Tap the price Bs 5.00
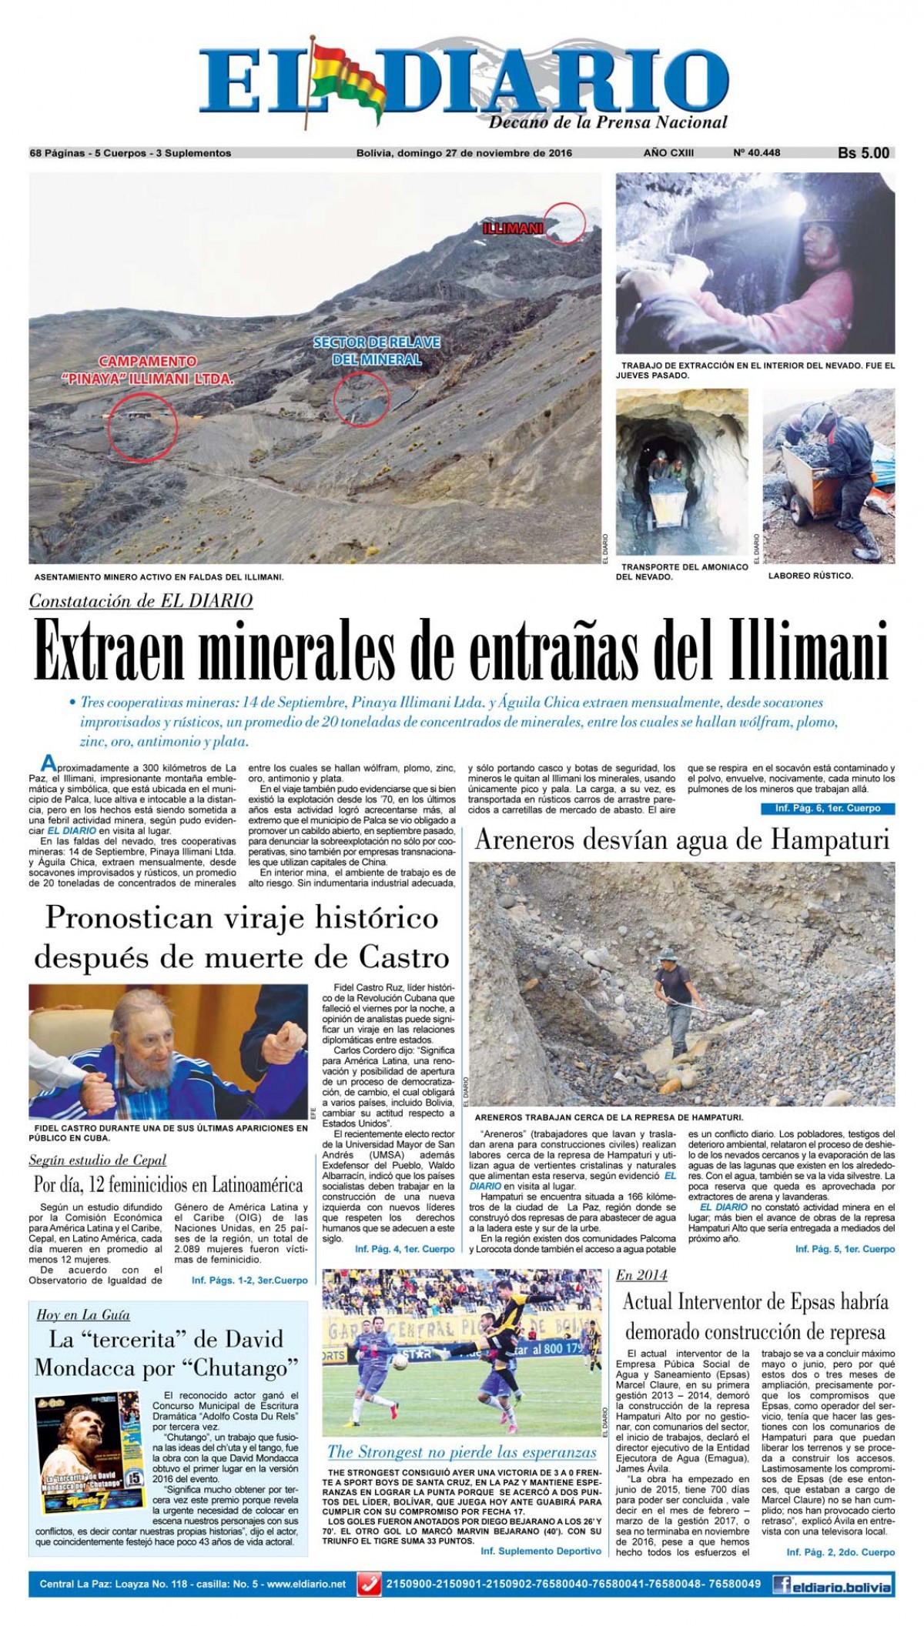click(863, 153)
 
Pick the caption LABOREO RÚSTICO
click(810, 576)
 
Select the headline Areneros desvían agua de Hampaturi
click(681, 840)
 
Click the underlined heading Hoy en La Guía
click(83, 1314)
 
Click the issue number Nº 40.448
click(756, 152)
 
